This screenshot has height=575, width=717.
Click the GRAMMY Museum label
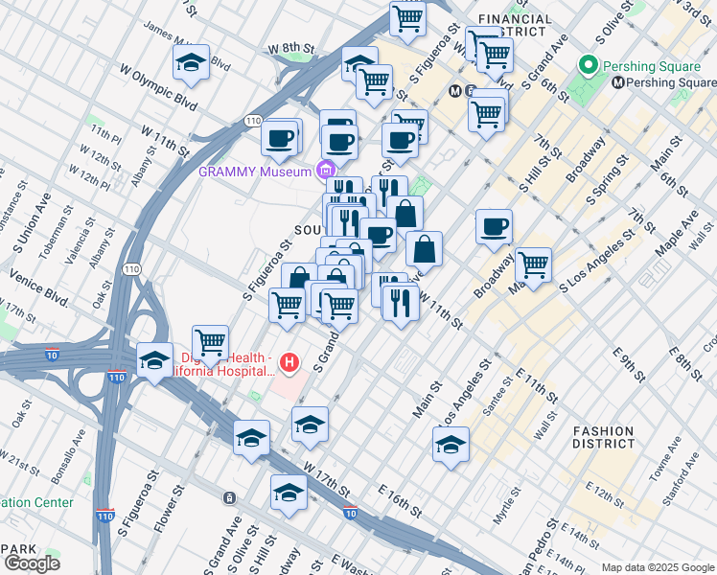click(253, 172)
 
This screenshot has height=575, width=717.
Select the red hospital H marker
click(290, 363)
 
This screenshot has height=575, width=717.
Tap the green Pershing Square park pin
click(587, 66)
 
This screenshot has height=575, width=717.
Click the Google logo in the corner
click(32, 563)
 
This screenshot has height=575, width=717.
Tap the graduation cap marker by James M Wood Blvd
click(192, 63)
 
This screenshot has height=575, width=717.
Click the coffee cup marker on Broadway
click(494, 227)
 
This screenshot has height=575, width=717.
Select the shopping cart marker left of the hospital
click(210, 341)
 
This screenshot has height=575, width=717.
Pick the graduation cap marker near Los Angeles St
click(451, 445)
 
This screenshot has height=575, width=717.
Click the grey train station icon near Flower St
click(229, 497)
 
